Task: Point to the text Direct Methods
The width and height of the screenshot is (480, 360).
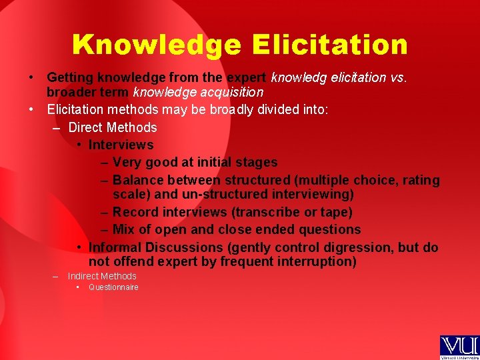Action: click(113, 127)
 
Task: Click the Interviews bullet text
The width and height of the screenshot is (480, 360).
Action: click(121, 145)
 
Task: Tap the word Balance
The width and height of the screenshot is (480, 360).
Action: click(139, 180)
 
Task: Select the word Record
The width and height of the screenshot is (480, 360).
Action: click(137, 212)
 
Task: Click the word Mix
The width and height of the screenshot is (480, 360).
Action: click(125, 229)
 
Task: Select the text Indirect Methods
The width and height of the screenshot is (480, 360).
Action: click(102, 276)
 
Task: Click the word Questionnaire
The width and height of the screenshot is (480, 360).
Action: click(113, 287)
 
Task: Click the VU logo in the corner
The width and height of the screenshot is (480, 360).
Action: click(459, 347)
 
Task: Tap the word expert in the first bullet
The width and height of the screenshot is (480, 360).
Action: click(248, 78)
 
